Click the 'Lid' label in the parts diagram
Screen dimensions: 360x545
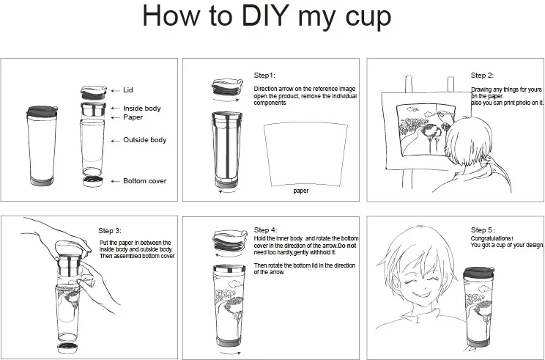coord(128,91)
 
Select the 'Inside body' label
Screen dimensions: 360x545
coord(141,109)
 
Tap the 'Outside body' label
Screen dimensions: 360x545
coord(144,140)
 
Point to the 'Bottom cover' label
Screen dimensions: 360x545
coord(144,180)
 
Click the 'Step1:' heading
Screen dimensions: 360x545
coord(264,75)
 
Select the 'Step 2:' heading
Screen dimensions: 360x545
coord(482,75)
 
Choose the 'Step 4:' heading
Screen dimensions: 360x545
coord(265,230)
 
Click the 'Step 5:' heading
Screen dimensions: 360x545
coord(482,230)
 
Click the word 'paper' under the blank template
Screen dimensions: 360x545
coord(300,191)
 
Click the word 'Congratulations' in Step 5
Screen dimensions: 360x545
coord(492,238)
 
